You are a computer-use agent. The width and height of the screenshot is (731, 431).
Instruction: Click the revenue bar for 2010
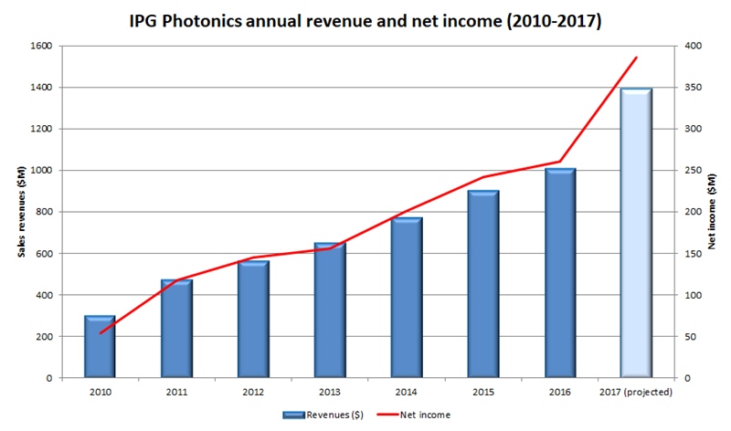point(100,346)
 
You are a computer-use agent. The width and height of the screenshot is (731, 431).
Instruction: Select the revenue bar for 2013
point(330,310)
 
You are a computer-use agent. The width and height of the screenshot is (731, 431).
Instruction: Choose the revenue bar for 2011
point(176,329)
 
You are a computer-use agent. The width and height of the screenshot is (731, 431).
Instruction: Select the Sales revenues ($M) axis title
point(22,211)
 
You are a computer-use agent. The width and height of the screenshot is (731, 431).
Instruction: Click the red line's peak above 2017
point(636,58)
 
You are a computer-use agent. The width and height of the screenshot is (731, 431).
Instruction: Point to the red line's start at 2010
point(100,332)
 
